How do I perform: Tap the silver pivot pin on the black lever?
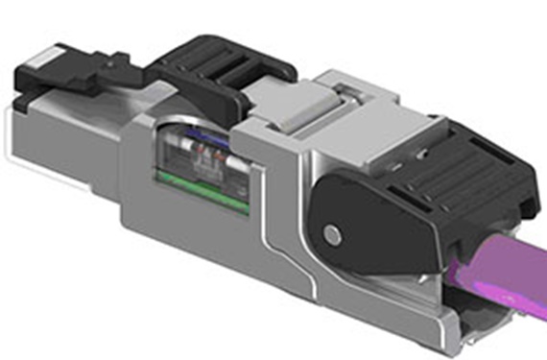coord(332,233)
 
